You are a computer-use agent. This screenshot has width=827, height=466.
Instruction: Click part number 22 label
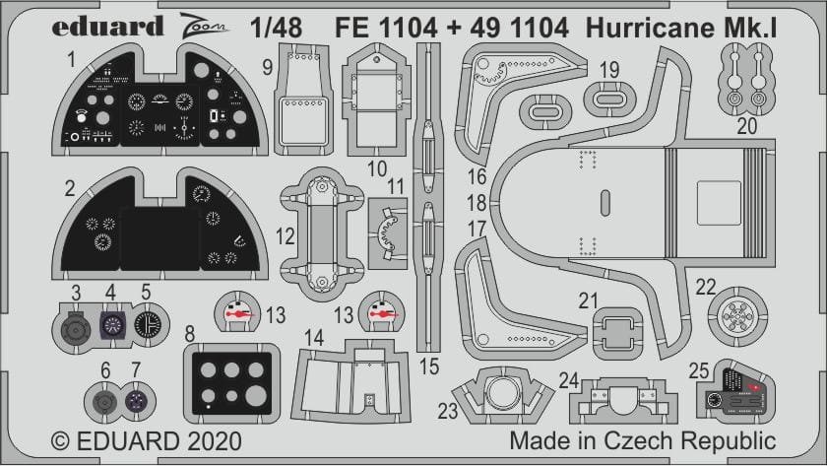tap(705, 286)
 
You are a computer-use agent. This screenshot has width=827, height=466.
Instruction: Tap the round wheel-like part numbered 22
tap(742, 320)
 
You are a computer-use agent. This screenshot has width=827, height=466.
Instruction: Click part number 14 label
tap(314, 337)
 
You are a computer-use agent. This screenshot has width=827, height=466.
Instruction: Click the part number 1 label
tap(72, 60)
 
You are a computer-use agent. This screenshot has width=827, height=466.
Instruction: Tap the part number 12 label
tap(286, 237)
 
